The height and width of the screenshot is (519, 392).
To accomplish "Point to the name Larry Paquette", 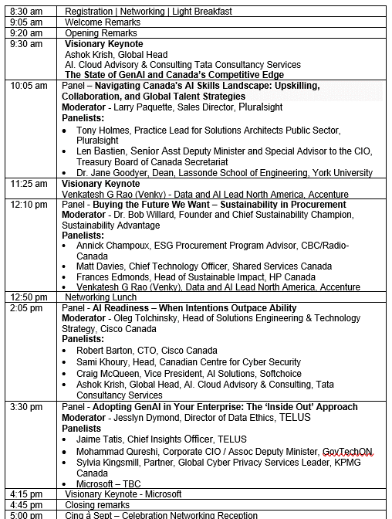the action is pyautogui.click(x=147, y=107).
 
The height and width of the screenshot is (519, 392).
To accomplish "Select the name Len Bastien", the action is pyautogui.click(x=100, y=151).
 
